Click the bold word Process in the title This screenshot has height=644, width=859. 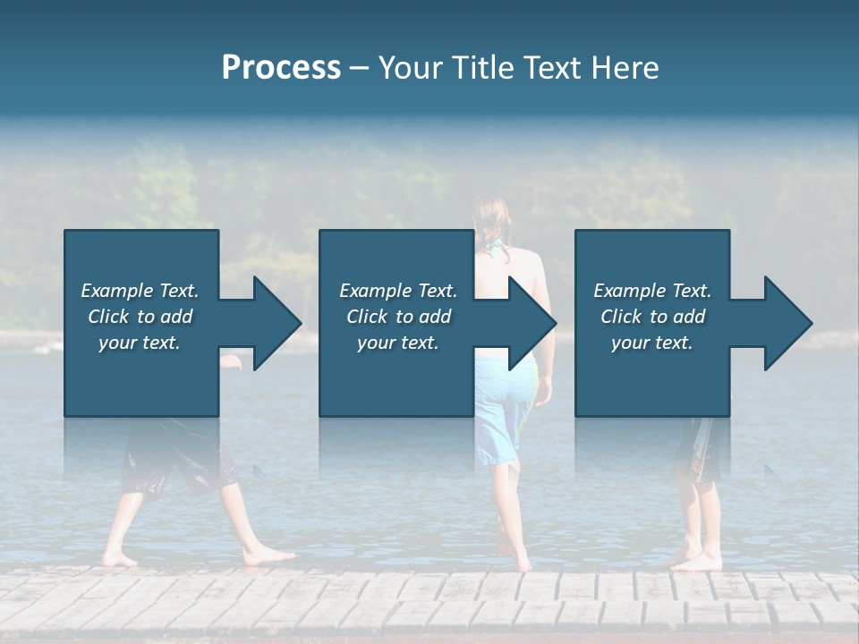click(x=281, y=67)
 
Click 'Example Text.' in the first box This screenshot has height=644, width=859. click(x=140, y=291)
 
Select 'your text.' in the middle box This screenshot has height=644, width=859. click(x=397, y=343)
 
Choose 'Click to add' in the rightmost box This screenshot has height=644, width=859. click(x=652, y=317)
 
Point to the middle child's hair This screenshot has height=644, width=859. click(x=491, y=224)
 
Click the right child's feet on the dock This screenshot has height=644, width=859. click(x=697, y=561)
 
